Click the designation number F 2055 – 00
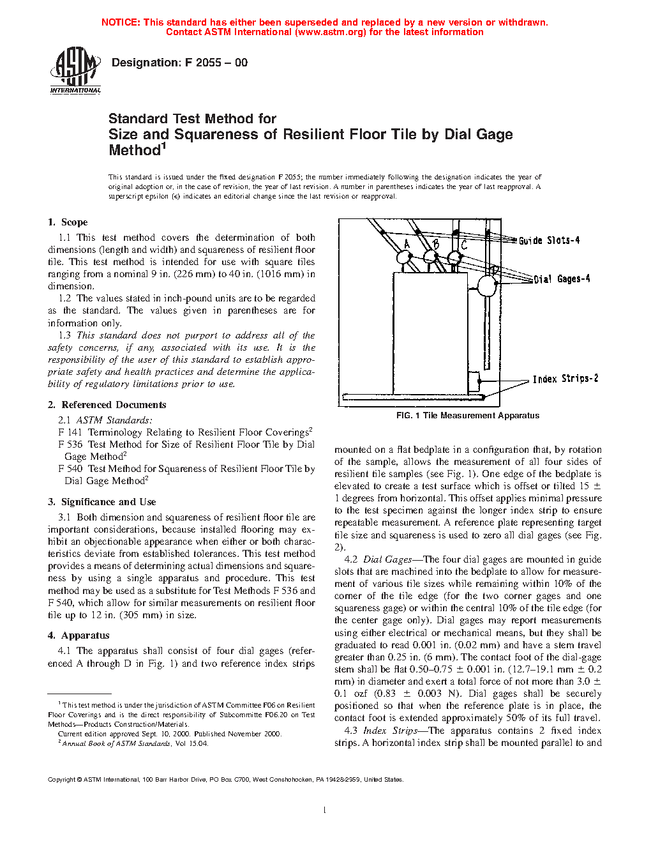[179, 63]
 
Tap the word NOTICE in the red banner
[121, 22]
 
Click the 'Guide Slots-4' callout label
[549, 240]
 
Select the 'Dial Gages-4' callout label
[562, 279]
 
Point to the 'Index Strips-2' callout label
[565, 379]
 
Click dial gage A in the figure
[404, 257]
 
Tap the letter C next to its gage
[464, 245]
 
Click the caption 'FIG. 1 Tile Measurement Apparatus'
[468, 416]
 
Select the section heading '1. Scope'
[68, 222]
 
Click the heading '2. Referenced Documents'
[107, 405]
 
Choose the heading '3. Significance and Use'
[101, 502]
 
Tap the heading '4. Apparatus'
[79, 635]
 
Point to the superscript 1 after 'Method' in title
[163, 146]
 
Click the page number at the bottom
[325, 810]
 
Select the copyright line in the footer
[225, 779]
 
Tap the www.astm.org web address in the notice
[330, 32]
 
